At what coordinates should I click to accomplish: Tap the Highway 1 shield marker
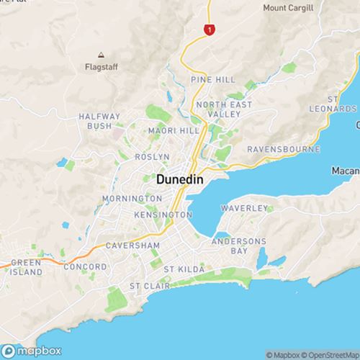(x=209, y=30)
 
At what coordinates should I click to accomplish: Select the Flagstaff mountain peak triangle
(x=101, y=55)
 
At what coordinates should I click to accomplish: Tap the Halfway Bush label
(x=94, y=121)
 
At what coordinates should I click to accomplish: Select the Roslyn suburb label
(x=152, y=156)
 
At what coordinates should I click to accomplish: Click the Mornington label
(x=110, y=198)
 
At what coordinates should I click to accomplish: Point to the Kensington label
(x=162, y=215)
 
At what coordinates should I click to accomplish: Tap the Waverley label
(x=244, y=207)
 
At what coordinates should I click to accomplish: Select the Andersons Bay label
(x=240, y=246)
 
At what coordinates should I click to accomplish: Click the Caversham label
(x=127, y=246)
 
